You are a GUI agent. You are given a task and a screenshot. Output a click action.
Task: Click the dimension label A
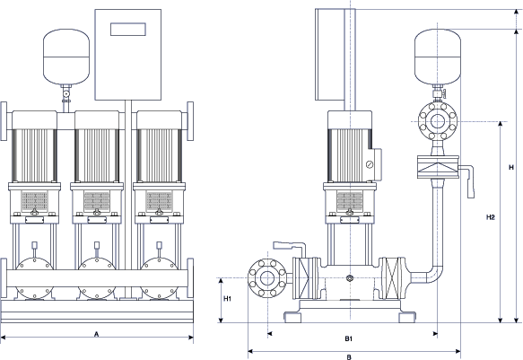point(96,334)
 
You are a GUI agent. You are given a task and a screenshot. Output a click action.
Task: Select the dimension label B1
point(349,338)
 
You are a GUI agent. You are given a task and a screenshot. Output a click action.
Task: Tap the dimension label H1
point(227,299)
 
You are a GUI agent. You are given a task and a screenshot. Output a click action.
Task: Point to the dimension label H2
point(491,217)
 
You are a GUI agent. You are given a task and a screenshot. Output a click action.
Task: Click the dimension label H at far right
point(511,167)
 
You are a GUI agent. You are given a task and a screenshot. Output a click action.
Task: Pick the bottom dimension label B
point(349,357)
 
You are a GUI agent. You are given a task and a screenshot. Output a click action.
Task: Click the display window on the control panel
point(128,29)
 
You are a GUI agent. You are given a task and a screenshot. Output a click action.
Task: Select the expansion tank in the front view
point(66,57)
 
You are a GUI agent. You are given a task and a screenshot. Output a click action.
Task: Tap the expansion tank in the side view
point(438,57)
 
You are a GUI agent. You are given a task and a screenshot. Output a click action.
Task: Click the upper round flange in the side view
point(438,121)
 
